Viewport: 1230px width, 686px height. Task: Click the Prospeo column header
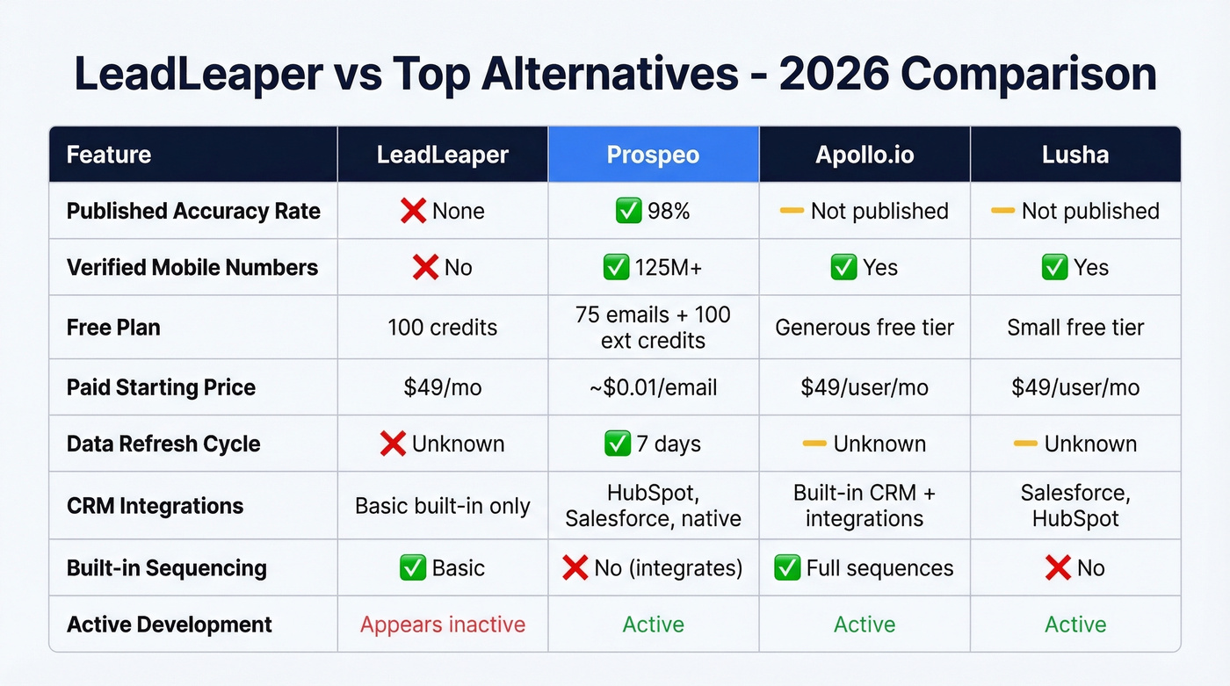[x=653, y=155]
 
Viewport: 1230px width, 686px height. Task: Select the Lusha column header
[x=1075, y=155]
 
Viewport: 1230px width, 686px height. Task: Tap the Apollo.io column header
[x=865, y=155]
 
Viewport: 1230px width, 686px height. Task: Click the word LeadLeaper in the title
[x=199, y=74]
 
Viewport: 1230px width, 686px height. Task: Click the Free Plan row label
[x=113, y=328]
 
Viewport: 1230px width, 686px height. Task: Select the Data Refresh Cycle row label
[x=163, y=444]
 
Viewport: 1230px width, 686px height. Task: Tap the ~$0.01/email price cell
[x=653, y=387]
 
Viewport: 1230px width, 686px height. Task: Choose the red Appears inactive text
[x=443, y=625]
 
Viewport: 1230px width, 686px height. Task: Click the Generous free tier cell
[x=865, y=328]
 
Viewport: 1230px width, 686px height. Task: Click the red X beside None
[x=413, y=211]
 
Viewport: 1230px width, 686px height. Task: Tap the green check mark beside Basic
[x=412, y=568]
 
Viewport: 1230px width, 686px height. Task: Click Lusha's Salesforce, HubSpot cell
[x=1075, y=506]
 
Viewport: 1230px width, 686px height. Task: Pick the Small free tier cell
[x=1075, y=328]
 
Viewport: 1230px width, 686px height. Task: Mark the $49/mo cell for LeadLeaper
[x=443, y=387]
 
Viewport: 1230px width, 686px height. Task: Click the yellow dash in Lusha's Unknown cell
[x=1025, y=444]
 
